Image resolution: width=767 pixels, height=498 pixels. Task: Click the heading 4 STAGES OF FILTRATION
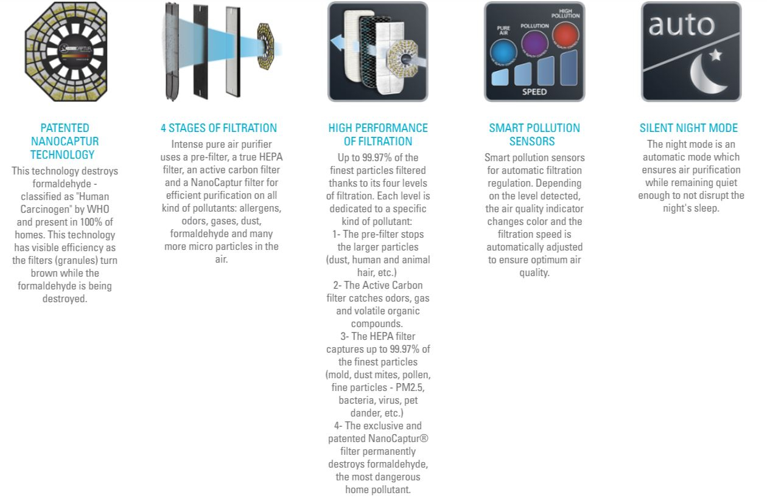(x=219, y=128)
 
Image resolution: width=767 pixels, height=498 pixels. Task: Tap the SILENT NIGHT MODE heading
(x=688, y=128)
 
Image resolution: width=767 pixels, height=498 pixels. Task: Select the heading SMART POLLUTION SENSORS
(x=534, y=134)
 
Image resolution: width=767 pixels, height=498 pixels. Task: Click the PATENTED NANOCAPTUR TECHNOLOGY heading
(x=65, y=141)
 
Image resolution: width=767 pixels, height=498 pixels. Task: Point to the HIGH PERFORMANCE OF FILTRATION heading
(x=378, y=134)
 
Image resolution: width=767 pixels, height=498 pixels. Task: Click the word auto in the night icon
(x=681, y=25)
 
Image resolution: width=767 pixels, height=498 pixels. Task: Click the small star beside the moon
(x=716, y=55)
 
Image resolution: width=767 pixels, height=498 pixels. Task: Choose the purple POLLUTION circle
(x=534, y=45)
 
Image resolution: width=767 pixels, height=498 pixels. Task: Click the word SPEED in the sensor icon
(x=534, y=92)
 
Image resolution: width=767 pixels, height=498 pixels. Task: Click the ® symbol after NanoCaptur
(x=424, y=438)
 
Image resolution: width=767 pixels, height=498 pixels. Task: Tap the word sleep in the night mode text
(x=707, y=208)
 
